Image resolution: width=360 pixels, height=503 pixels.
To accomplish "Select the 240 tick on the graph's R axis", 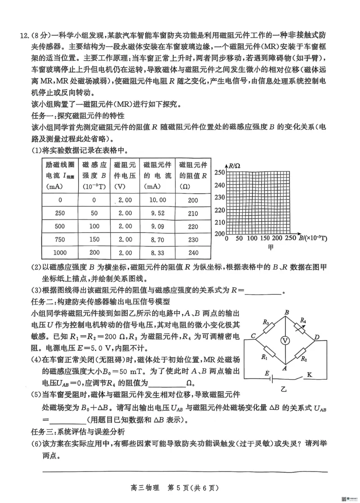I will pyautogui.click(x=219, y=185).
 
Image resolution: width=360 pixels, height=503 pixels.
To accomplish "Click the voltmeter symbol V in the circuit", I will pyautogui.click(x=284, y=341).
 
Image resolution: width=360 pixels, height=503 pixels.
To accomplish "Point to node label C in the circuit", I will pyautogui.click(x=254, y=336).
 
